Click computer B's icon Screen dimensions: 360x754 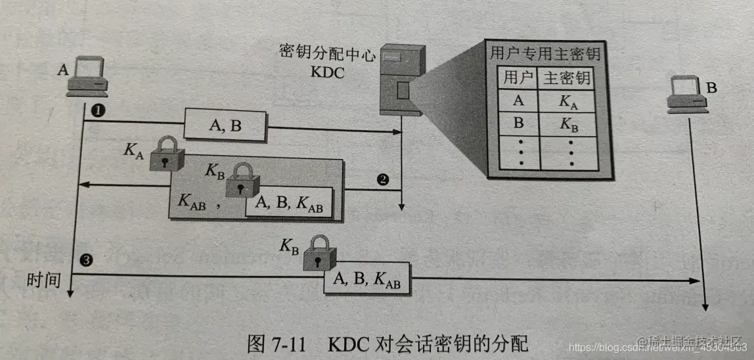coord(684,92)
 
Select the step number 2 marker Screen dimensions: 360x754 coord(382,179)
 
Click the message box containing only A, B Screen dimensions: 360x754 coord(225,126)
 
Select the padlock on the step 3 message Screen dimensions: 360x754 coord(319,254)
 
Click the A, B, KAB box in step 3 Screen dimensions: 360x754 coord(366,279)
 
